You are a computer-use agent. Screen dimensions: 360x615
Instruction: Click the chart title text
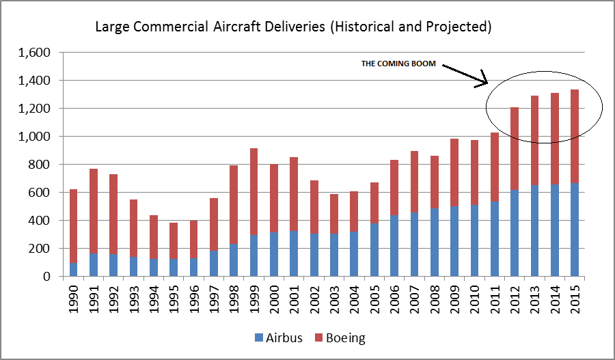click(x=294, y=27)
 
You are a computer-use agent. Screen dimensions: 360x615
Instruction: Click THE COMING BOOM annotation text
click(x=398, y=64)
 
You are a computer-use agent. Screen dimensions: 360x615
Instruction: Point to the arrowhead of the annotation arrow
click(x=487, y=83)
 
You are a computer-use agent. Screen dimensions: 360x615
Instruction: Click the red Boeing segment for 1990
click(x=74, y=226)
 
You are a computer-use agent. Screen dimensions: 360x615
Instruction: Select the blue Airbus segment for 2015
click(x=575, y=230)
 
